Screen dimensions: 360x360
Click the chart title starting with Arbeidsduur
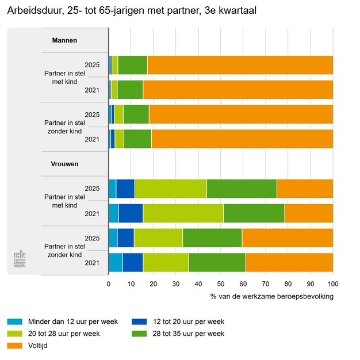tap(132, 11)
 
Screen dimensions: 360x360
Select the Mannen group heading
tap(64, 40)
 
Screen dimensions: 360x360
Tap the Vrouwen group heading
tap(65, 164)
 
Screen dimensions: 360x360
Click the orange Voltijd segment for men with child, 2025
tap(240, 65)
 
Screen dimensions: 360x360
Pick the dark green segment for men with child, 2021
tap(130, 90)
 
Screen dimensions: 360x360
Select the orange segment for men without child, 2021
tap(242, 139)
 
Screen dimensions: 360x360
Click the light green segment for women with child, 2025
tap(170, 189)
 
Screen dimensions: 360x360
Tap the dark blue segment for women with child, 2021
tap(131, 213)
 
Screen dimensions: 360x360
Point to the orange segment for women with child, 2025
tap(305, 189)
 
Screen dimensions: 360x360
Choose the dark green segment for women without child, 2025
tap(212, 238)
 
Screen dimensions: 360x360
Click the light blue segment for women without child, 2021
tap(115, 263)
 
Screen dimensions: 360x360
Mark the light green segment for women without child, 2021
tap(166, 263)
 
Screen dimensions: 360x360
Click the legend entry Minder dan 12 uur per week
tap(63, 321)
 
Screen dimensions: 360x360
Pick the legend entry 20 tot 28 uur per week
tap(61, 334)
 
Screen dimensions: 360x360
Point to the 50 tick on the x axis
tap(221, 284)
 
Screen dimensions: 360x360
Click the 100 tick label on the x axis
tap(333, 284)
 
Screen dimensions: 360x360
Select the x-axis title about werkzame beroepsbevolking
tap(272, 297)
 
